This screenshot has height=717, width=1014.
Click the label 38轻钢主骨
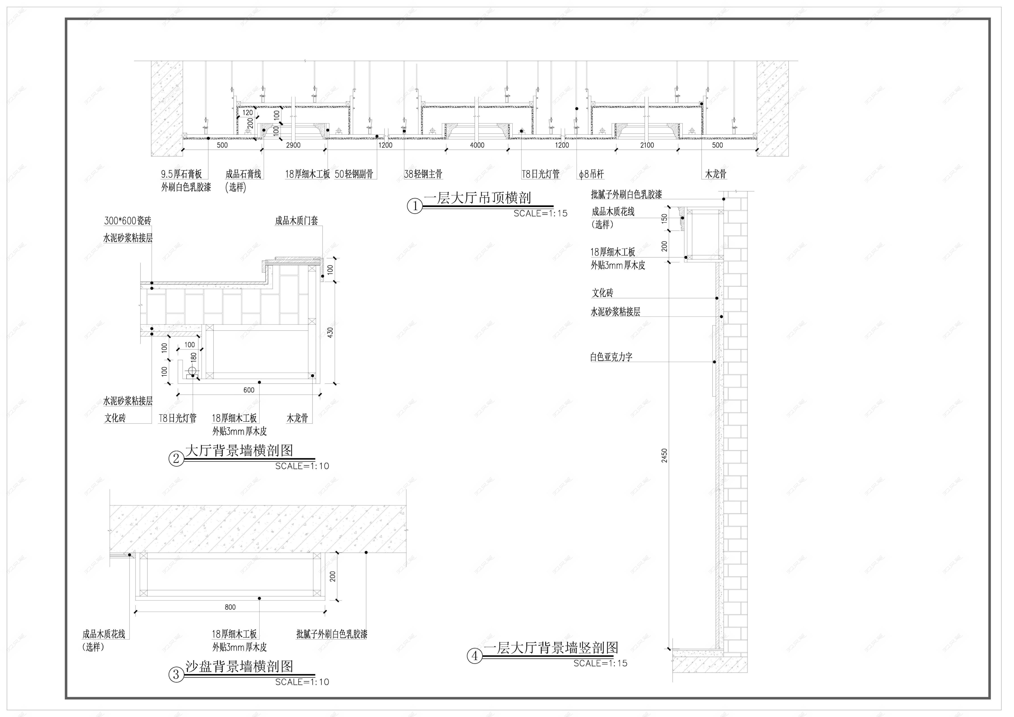coord(423,174)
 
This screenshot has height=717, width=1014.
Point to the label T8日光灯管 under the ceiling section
coord(541,174)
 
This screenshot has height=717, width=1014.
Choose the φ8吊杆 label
coord(591,174)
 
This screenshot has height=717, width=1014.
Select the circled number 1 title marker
coord(415,206)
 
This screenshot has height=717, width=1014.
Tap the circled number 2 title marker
coord(176,459)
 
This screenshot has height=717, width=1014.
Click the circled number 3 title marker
coord(176,675)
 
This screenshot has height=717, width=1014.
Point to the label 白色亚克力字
coord(611,357)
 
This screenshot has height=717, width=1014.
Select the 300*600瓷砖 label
coord(128,220)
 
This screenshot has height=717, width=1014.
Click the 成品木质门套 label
coord(296,220)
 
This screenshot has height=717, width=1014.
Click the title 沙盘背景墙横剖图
coord(239,666)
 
